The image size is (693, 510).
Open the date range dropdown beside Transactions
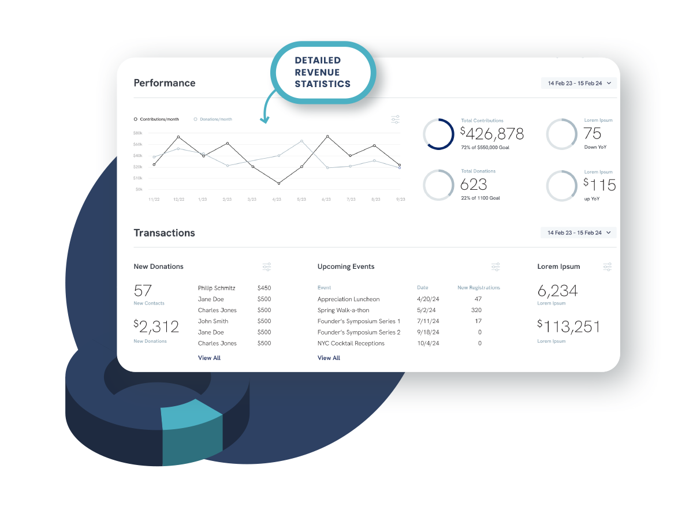point(578,232)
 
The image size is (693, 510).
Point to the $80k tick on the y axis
point(138,133)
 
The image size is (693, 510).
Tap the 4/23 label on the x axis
point(277,199)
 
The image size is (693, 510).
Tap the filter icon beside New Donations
point(266,267)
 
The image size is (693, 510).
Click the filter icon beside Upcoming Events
point(495,267)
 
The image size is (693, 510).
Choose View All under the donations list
point(209,358)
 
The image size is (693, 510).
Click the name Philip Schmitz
point(217,288)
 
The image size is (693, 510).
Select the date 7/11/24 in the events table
point(428,321)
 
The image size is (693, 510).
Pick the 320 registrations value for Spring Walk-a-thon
point(476,310)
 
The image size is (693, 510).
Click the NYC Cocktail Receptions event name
point(351,343)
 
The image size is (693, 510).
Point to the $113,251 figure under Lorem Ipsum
point(569,327)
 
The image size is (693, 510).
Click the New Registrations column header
point(478,287)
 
